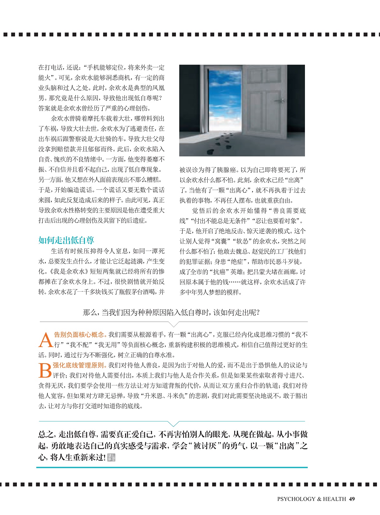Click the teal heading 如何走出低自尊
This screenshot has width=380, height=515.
coord(66,240)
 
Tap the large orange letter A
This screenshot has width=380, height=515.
coord(45,340)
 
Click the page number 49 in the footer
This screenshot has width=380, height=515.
coord(352,499)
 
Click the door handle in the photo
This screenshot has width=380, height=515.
coord(279,100)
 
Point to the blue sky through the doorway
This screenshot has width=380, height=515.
coord(225,92)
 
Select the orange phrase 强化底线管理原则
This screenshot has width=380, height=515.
coord(79,365)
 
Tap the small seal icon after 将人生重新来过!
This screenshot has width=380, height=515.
coord(112,458)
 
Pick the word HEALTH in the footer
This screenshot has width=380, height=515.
coord(334,499)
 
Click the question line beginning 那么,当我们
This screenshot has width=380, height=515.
coord(172,312)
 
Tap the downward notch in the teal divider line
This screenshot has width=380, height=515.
coord(173,424)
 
